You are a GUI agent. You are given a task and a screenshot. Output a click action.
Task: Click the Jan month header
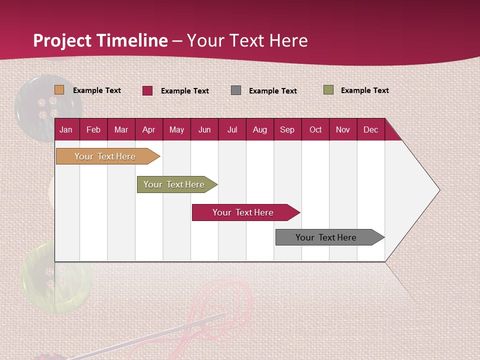coord(66,130)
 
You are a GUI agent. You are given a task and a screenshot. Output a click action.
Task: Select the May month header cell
coord(176,130)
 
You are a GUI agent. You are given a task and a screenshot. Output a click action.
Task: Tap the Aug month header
coord(259,130)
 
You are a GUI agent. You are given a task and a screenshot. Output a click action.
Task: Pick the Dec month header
coord(370,130)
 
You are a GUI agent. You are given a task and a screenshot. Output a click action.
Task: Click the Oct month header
coord(315,130)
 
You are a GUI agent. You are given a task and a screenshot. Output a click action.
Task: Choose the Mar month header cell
coord(121,130)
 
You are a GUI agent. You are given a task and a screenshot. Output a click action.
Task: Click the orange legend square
coord(59,90)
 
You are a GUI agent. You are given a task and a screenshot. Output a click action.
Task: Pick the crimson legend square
coord(147,90)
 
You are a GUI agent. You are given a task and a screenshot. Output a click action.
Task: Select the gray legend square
coord(236,90)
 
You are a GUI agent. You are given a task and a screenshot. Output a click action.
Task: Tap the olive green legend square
coord(328,90)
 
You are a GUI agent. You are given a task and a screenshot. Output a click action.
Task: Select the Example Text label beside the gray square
coord(272,91)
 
